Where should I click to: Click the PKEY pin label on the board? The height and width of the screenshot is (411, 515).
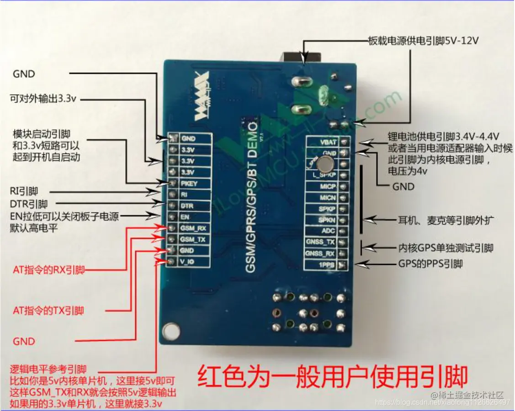coord(189,184)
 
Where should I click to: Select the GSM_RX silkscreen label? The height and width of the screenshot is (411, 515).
coord(193,228)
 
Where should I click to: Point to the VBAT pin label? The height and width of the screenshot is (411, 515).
coord(329,142)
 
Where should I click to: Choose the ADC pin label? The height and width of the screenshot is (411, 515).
coord(329,231)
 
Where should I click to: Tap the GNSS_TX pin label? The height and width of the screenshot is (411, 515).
coord(321,242)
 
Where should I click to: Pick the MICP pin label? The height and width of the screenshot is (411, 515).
coord(328,186)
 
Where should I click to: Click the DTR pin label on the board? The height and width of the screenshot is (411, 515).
coord(187,206)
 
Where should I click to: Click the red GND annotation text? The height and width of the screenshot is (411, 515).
coord(24,341)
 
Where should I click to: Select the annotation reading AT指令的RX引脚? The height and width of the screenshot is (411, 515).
coord(48,270)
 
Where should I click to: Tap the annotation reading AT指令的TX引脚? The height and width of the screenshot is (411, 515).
coord(48,311)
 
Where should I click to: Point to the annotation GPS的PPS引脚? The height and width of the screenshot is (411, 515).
coord(430,264)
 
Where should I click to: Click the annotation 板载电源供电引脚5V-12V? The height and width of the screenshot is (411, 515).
coord(423,41)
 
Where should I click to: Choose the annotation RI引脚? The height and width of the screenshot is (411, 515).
coord(24,191)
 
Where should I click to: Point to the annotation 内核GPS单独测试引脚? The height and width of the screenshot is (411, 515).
coord(446,248)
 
